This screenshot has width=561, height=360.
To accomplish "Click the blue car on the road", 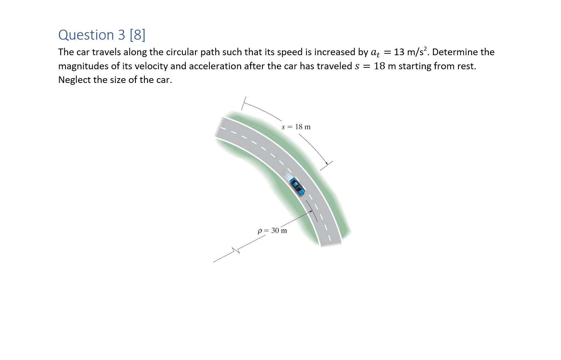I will [297, 186].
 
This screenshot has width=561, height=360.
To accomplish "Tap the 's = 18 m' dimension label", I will [296, 127].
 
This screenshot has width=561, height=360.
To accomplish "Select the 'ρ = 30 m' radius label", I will [272, 230].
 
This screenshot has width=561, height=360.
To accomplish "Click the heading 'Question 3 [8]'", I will [102, 35].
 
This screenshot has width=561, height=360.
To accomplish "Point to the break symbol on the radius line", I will [236, 250].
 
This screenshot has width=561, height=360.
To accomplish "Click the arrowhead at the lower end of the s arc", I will [326, 163].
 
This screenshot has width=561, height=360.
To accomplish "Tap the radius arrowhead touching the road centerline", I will [311, 211].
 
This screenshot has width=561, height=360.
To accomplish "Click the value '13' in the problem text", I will [399, 52].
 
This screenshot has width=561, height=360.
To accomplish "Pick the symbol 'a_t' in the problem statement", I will [375, 53].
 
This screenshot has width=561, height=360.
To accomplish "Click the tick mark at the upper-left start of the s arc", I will [243, 103].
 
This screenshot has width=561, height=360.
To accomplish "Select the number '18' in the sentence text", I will [379, 66].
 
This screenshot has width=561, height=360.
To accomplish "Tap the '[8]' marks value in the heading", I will [137, 35].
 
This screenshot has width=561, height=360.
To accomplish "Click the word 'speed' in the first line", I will [291, 52].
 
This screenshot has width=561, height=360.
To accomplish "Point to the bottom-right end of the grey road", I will [331, 244].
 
